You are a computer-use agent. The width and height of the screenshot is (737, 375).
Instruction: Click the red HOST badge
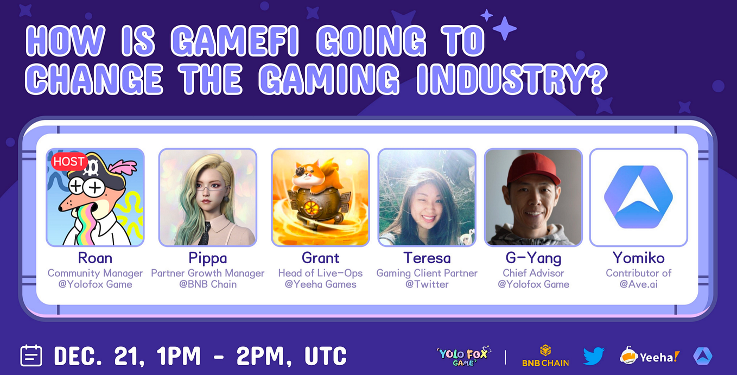pos(69,162)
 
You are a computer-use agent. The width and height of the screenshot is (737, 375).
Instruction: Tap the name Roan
pos(95,258)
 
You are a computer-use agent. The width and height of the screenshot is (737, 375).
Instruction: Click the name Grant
pos(320,258)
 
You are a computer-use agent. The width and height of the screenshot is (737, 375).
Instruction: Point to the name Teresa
pos(427,258)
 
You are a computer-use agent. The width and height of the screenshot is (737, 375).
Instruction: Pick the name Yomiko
pos(639,258)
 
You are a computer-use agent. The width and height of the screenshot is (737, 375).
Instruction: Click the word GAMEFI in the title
pos(235,41)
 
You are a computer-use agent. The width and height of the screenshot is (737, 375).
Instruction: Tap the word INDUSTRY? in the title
pos(512,79)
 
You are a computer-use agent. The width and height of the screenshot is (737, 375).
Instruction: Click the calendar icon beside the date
pos(31,355)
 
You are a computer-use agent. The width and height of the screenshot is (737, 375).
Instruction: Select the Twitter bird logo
pos(594,356)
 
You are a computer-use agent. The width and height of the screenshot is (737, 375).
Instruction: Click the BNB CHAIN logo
pos(545,356)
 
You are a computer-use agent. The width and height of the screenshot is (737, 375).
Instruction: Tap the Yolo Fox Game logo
pos(463,356)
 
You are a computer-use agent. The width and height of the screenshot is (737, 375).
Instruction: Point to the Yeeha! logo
pos(650,356)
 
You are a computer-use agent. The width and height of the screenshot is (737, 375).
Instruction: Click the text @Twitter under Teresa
pos(427,284)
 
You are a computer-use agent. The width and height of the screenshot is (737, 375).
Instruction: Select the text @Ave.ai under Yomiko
pos(639,284)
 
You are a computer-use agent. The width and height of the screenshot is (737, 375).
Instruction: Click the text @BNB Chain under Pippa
pos(208,284)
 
